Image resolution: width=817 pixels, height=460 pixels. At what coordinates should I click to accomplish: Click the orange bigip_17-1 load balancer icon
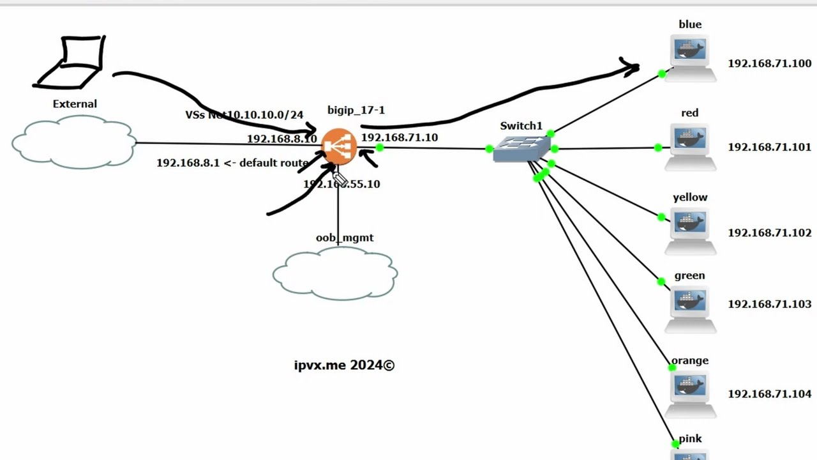[338, 147]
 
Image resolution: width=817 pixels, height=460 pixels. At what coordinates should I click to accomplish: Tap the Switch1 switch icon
[521, 148]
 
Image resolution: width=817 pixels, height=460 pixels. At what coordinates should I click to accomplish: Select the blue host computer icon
[690, 56]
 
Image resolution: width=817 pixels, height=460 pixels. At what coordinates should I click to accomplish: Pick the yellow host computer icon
[690, 228]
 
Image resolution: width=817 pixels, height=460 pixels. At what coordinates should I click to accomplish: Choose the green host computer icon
[690, 307]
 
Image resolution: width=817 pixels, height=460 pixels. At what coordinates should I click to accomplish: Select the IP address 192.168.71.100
[769, 63]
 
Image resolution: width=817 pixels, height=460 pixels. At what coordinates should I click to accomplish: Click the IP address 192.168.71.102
[769, 233]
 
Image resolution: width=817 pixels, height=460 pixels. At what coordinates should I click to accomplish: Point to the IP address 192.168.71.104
[769, 394]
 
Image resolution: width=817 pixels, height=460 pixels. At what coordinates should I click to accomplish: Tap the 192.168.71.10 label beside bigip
[400, 137]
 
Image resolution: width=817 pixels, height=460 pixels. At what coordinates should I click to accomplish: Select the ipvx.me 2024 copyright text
[344, 365]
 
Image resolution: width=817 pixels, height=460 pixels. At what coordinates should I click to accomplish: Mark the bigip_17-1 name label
[356, 110]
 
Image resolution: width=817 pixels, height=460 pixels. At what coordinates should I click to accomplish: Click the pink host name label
[690, 439]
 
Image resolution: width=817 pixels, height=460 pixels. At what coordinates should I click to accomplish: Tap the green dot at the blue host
[662, 75]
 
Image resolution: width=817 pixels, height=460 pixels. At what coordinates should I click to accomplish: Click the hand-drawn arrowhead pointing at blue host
[631, 66]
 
